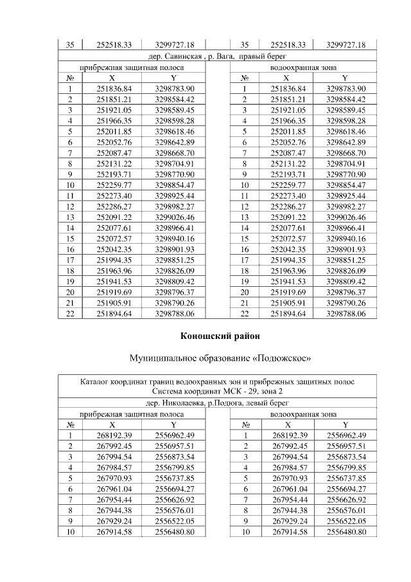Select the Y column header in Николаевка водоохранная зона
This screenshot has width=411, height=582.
[x=345, y=424]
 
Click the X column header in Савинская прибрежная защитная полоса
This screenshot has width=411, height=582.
[x=114, y=78]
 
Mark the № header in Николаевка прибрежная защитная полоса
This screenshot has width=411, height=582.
[x=70, y=424]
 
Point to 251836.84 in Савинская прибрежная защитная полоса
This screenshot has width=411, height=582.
[x=114, y=88]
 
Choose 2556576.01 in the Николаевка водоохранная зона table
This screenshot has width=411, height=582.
[x=345, y=511]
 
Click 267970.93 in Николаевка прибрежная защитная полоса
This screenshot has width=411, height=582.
[x=114, y=478]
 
